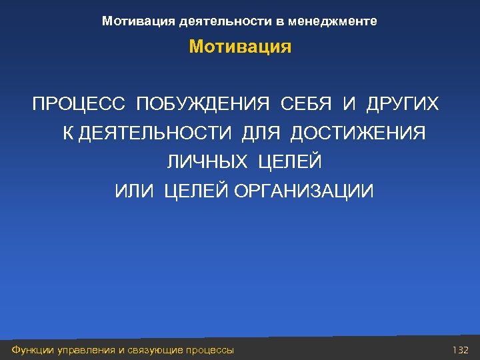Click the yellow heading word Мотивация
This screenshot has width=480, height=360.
[x=240, y=47]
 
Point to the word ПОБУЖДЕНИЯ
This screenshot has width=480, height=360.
[x=203, y=105]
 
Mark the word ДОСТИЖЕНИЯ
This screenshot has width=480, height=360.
[x=359, y=133]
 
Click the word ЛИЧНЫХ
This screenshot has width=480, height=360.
[x=207, y=162]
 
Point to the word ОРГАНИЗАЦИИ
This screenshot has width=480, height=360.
[x=303, y=192]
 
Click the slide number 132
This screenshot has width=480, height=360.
[x=461, y=350]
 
